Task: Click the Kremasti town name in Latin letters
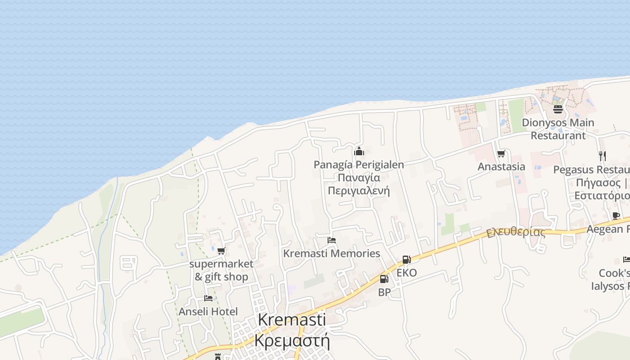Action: click(292, 319)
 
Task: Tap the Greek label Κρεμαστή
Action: click(292, 340)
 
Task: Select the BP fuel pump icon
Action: click(384, 279)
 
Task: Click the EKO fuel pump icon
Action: click(406, 259)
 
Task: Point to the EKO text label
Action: click(406, 273)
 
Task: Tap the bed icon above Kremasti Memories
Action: click(332, 240)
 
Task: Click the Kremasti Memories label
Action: click(332, 253)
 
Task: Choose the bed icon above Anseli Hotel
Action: click(208, 298)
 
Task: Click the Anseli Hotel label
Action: click(208, 311)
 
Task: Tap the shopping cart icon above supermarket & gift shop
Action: click(221, 251)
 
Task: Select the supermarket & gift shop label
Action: click(221, 270)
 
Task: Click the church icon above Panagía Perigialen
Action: click(359, 151)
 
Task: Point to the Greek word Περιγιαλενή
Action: click(359, 191)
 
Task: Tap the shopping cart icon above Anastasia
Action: click(501, 154)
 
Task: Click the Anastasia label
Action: click(501, 166)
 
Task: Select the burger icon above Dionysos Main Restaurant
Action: click(558, 109)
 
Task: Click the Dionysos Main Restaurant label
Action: click(558, 129)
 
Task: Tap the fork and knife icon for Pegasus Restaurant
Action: click(603, 156)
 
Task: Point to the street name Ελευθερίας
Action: click(516, 232)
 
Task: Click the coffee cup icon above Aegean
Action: click(616, 216)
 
